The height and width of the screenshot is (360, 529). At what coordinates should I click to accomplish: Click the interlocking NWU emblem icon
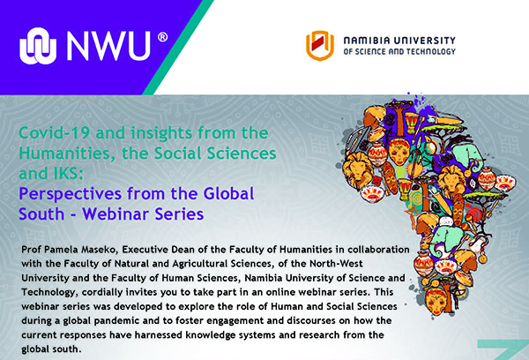[38, 46]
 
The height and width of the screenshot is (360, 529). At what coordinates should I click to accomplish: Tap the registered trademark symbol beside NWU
[162, 37]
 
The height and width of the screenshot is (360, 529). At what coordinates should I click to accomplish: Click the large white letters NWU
[108, 46]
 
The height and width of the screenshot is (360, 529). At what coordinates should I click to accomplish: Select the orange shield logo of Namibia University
[319, 46]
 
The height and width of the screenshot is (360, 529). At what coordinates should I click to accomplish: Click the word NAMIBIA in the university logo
[366, 41]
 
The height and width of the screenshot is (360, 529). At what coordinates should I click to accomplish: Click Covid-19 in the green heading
[55, 132]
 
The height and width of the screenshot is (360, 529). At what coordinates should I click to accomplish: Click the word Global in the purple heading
[228, 193]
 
